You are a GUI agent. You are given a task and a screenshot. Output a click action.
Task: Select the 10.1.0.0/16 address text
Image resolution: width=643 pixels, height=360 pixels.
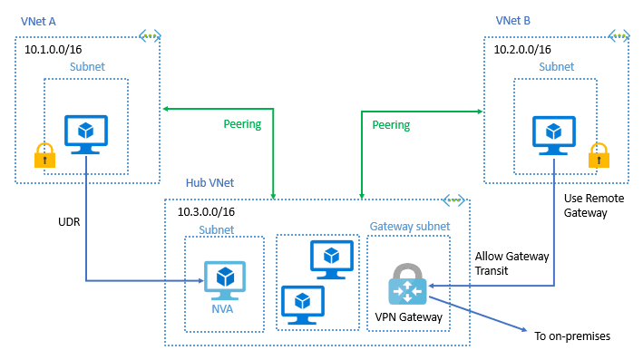pyautogui.click(x=56, y=50)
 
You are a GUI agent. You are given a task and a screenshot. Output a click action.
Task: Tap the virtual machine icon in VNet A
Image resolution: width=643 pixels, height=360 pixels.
pyautogui.click(x=86, y=134)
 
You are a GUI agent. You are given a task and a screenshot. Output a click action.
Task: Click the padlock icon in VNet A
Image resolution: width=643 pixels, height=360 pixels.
pyautogui.click(x=42, y=155)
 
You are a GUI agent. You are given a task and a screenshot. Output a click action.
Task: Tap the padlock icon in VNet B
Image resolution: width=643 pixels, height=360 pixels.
pyautogui.click(x=598, y=155)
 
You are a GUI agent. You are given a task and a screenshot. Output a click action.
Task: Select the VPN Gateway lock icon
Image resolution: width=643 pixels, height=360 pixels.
pyautogui.click(x=406, y=286)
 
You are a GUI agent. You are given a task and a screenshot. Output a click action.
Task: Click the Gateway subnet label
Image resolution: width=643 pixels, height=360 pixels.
pyautogui.click(x=408, y=226)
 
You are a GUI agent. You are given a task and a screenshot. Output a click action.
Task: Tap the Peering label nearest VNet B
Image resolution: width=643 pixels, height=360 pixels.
pyautogui.click(x=391, y=124)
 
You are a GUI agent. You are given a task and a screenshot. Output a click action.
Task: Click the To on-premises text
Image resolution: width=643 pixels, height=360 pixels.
pyautogui.click(x=572, y=336)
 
